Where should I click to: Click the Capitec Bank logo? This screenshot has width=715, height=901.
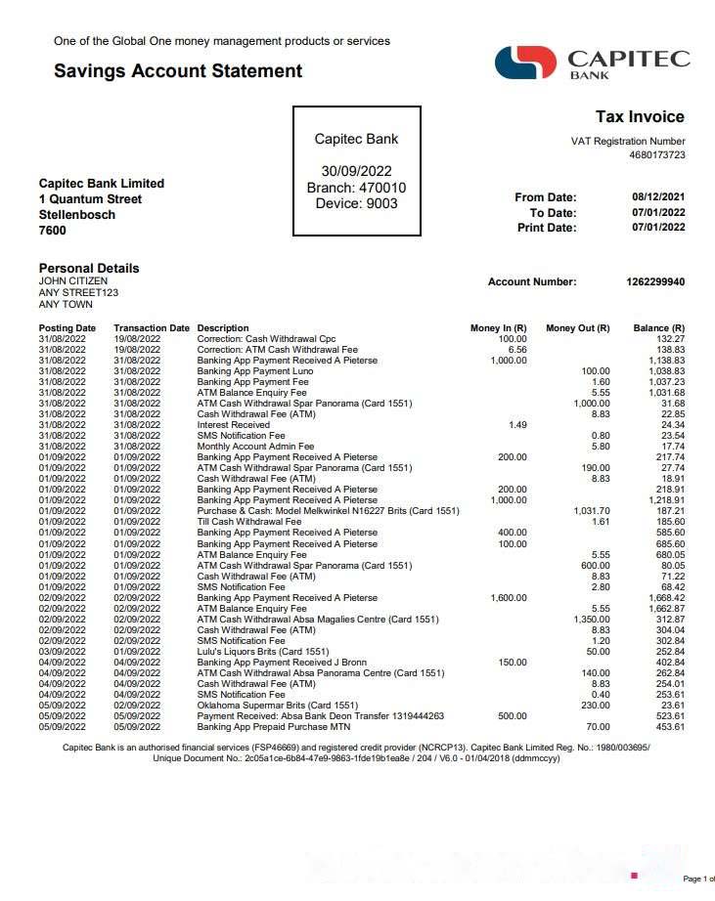(593, 63)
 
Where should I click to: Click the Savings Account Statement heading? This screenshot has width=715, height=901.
(178, 71)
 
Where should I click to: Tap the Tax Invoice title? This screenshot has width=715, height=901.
(640, 117)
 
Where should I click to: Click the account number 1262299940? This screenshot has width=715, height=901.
(655, 282)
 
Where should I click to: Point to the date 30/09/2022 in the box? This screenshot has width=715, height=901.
(356, 172)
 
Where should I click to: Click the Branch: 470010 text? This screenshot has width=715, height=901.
(356, 188)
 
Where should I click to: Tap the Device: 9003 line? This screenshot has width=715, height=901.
(356, 203)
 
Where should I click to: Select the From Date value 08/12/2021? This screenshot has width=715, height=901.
(658, 197)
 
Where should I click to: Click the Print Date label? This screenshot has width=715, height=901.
(547, 228)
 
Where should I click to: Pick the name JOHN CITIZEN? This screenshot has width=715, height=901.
(73, 281)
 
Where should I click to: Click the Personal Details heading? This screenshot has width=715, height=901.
(89, 268)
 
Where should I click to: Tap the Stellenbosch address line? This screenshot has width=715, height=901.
(77, 215)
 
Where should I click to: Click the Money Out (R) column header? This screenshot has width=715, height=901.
(577, 328)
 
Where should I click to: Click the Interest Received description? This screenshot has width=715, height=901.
(234, 425)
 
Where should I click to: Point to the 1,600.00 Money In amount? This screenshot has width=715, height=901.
(508, 598)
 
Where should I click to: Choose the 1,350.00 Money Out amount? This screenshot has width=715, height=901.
(591, 620)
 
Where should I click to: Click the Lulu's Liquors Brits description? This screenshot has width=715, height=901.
(263, 652)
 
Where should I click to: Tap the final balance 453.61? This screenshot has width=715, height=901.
(671, 727)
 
